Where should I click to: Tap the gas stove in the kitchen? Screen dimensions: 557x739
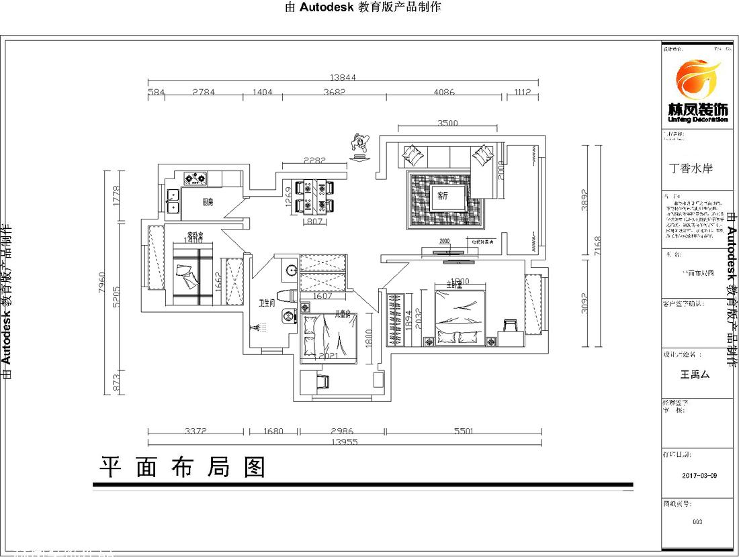pyautogui.click(x=195, y=179)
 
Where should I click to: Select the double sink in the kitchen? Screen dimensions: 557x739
pyautogui.click(x=173, y=201)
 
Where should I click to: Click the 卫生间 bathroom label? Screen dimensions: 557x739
pyautogui.click(x=267, y=303)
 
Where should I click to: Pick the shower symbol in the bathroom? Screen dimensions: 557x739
pyautogui.click(x=259, y=327)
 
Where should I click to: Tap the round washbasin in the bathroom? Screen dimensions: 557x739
pyautogui.click(x=291, y=270)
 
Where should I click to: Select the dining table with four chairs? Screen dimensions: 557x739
pyautogui.click(x=314, y=195)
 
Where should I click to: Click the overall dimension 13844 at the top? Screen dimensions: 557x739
pyautogui.click(x=343, y=78)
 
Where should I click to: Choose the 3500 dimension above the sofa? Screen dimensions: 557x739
pyautogui.click(x=447, y=123)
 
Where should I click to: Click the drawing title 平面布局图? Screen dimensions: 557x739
pyautogui.click(x=183, y=467)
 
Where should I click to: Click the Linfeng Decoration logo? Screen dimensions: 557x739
pyautogui.click(x=697, y=90)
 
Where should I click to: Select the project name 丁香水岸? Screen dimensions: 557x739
pyautogui.click(x=691, y=168)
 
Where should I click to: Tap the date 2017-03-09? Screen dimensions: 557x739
pyautogui.click(x=699, y=475)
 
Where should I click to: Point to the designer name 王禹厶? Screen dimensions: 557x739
pyautogui.click(x=695, y=375)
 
